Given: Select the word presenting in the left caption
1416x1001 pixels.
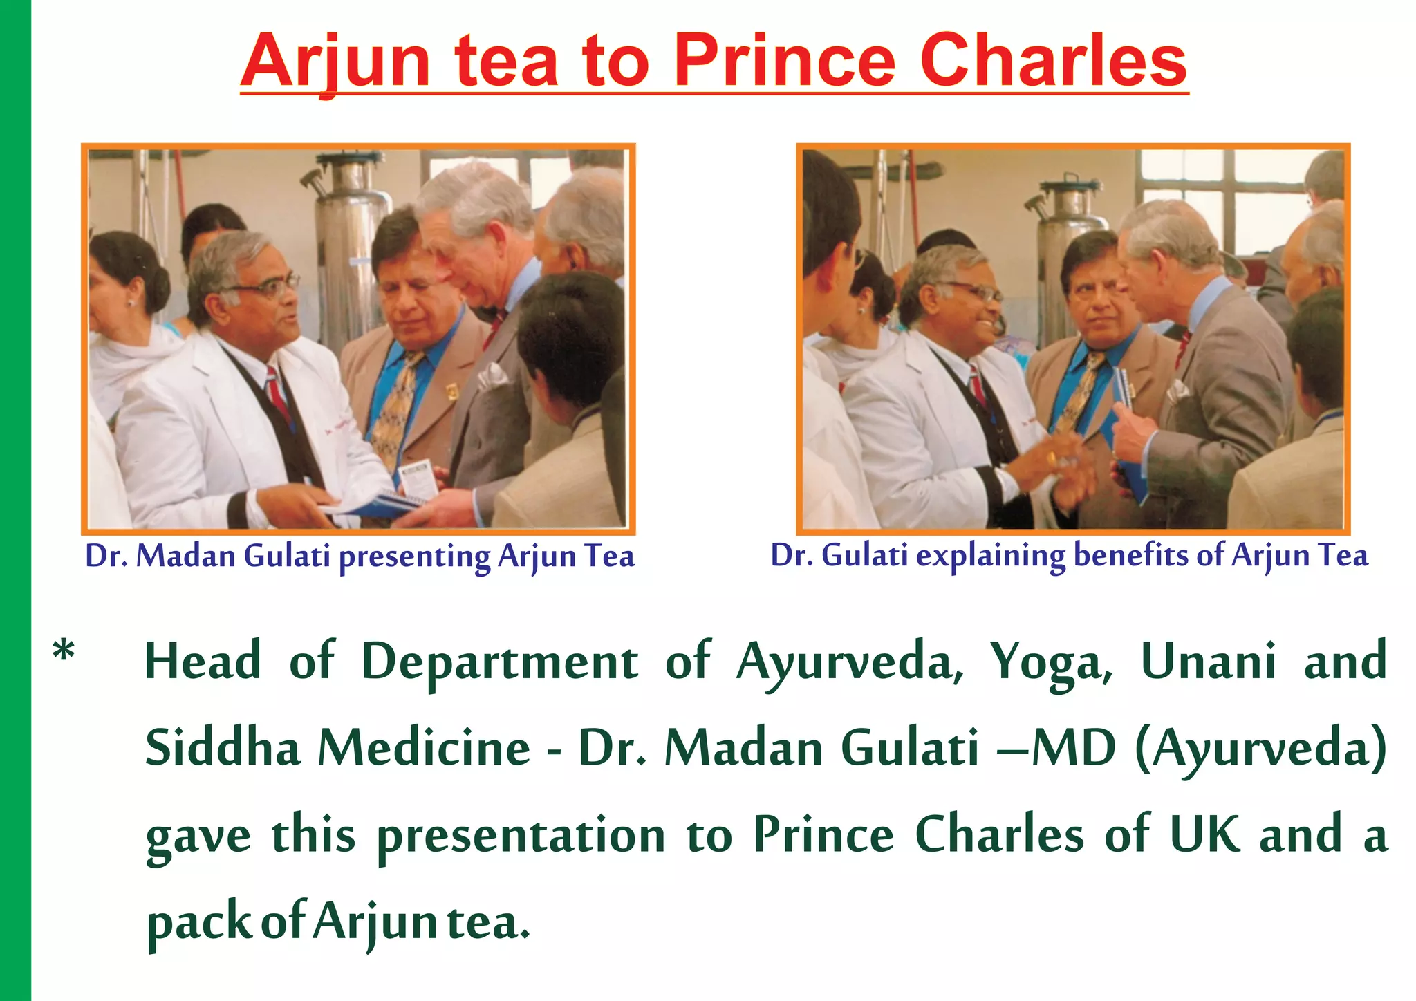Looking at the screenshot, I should (414, 557).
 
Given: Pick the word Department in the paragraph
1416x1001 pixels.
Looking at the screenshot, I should (499, 662).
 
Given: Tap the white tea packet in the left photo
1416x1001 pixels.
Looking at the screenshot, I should (418, 481).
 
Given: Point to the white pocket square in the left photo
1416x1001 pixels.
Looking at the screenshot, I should (492, 377).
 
